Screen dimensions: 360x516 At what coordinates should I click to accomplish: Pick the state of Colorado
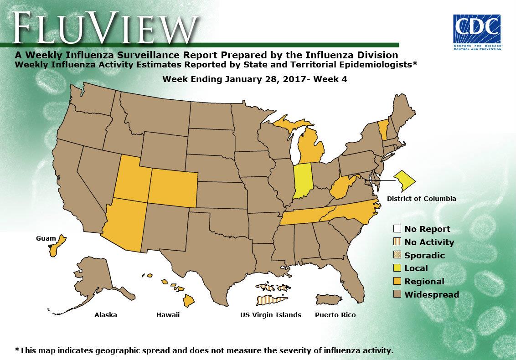174,189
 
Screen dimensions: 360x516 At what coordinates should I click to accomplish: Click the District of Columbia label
421,199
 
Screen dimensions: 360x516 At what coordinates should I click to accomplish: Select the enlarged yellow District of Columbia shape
404,181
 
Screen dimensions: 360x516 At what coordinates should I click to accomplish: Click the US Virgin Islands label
271,315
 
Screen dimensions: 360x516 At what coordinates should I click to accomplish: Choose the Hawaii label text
168,315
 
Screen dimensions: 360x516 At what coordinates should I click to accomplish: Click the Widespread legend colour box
397,294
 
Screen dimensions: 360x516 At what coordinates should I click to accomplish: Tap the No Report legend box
397,229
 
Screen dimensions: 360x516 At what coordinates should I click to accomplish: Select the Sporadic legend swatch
397,255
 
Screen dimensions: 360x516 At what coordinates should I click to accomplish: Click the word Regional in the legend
424,282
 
